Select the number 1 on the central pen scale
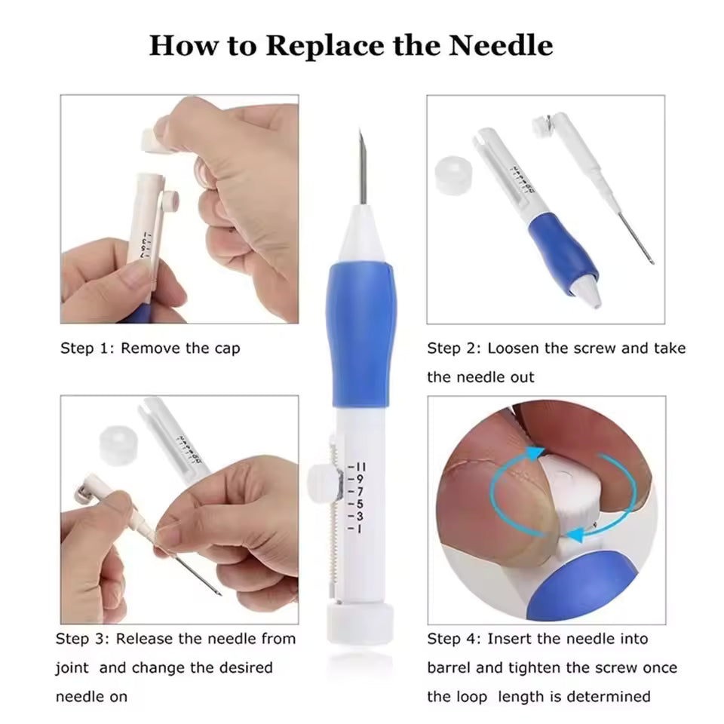click(x=360, y=529)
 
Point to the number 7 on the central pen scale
click(x=360, y=491)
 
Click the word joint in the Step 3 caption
click(x=72, y=667)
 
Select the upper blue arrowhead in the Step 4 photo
click(x=535, y=453)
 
